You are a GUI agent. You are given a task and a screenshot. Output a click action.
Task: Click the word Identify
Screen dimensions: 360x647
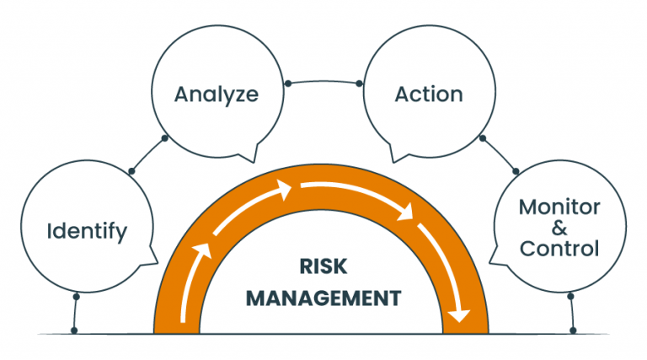pos(87,230)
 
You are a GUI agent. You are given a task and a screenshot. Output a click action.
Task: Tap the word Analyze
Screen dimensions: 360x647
pos(216,94)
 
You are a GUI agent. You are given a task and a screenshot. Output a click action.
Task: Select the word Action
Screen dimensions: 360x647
pos(428,94)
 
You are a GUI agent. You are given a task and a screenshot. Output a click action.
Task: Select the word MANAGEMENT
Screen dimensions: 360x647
pos(323,298)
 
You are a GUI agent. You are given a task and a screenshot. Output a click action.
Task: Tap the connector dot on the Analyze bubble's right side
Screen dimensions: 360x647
pos(288,83)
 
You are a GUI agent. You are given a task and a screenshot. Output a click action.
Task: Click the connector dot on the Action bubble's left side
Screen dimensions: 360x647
pos(359,83)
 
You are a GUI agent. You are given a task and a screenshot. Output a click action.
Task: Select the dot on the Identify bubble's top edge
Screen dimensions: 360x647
pos(131,171)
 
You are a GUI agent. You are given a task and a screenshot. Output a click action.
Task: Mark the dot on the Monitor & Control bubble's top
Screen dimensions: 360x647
pos(514,171)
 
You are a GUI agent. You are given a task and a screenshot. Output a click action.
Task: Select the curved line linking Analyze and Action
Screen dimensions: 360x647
pos(323,80)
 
